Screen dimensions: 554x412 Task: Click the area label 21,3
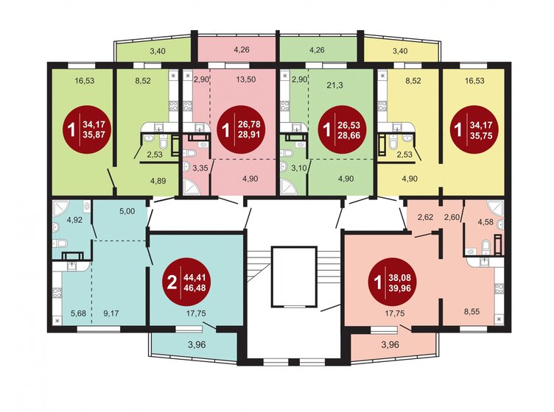coord(334,85)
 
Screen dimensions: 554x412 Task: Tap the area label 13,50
coord(245,80)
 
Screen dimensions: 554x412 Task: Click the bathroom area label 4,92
coord(74,220)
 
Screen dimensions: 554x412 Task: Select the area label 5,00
coord(127,211)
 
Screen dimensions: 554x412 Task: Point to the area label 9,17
coord(111,313)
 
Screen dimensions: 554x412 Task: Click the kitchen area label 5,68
coord(78,313)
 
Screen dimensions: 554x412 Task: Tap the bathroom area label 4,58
coord(485,222)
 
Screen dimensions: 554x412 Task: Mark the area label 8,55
coord(471,311)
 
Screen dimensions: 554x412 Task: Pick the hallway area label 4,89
coord(158,181)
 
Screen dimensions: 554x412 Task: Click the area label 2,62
coord(425,217)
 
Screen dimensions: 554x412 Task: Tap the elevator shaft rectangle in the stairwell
coord(294,277)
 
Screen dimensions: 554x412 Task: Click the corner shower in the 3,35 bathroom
coord(191,187)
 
